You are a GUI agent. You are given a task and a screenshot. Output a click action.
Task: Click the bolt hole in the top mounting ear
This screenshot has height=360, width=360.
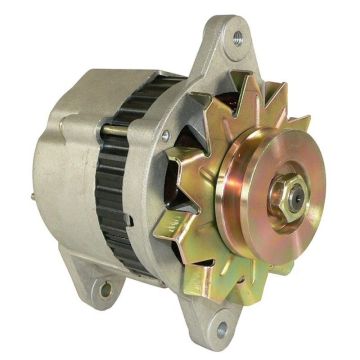238,40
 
